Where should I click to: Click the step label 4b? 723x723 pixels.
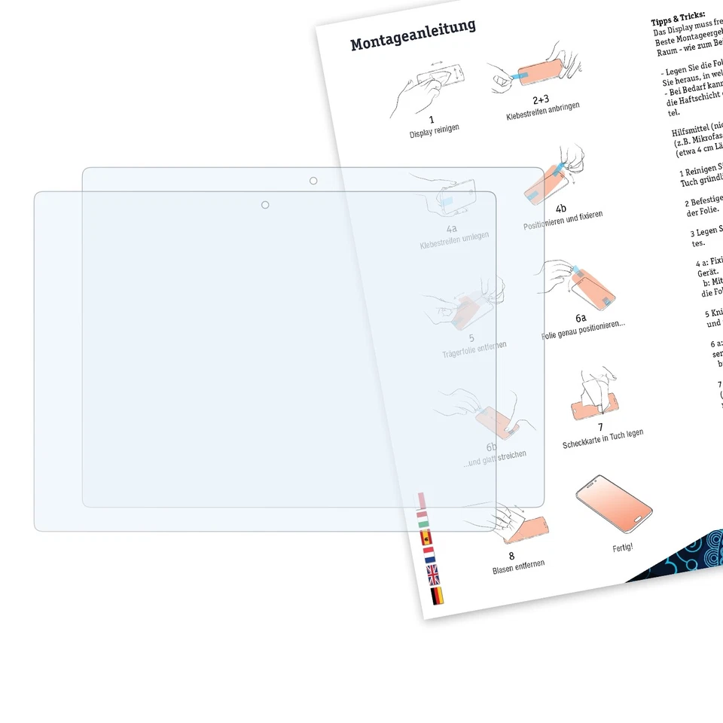pos(561,209)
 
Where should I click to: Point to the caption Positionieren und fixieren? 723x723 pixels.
pos(563,220)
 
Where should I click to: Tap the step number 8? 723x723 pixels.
pos(511,556)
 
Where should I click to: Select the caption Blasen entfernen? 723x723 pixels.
pos(518,565)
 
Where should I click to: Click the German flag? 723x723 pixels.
pos(437,596)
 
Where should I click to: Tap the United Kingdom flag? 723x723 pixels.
pos(434,576)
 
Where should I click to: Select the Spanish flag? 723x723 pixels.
pos(426,538)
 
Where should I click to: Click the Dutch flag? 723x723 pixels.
pos(430,557)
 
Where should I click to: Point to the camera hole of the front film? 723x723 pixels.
pos(265,205)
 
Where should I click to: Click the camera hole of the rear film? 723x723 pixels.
pos(313,181)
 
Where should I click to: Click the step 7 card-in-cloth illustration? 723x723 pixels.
pos(596,395)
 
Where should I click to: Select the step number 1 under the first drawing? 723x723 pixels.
pos(432,119)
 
